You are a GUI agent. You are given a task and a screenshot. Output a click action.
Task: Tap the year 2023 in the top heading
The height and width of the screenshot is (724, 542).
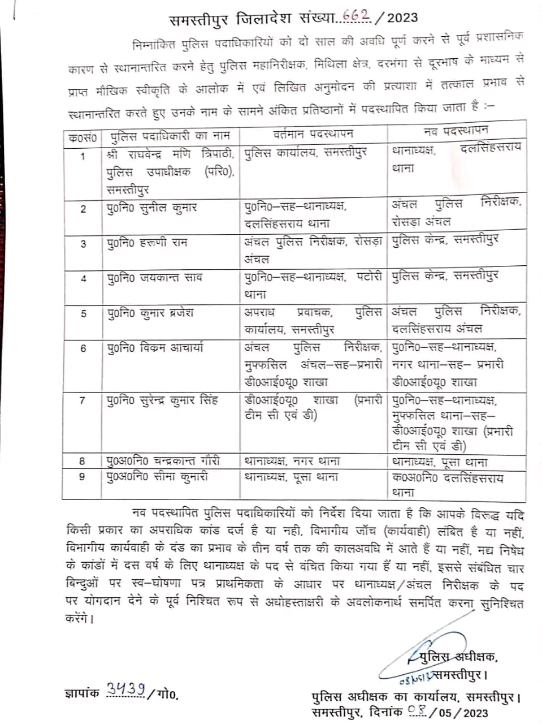402,18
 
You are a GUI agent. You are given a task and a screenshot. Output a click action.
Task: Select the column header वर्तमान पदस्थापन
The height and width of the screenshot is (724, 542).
313,134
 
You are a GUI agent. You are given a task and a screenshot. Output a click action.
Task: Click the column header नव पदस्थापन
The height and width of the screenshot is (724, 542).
456,131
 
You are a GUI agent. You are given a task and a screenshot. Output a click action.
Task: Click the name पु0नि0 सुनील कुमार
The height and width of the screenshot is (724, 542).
152,208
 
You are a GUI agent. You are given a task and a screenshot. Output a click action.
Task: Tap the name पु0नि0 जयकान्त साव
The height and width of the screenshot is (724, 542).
154,278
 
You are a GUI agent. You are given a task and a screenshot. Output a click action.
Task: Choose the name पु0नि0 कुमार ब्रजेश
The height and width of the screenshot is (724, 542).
150,313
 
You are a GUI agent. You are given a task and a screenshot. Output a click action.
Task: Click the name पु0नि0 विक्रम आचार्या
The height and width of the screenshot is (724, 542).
155,348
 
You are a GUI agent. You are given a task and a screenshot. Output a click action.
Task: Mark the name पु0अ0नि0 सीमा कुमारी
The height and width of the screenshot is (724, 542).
158,477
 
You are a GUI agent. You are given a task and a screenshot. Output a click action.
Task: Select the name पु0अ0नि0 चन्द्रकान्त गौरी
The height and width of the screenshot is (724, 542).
163,461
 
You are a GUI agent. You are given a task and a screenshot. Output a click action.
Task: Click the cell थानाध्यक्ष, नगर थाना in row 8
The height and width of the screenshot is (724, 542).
292,461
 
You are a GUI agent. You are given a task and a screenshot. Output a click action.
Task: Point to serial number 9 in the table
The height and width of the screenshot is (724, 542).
83,477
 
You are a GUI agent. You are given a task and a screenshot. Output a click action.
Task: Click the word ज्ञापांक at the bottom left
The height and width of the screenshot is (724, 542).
83,692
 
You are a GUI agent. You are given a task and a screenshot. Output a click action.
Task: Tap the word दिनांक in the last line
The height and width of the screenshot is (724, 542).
385,712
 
